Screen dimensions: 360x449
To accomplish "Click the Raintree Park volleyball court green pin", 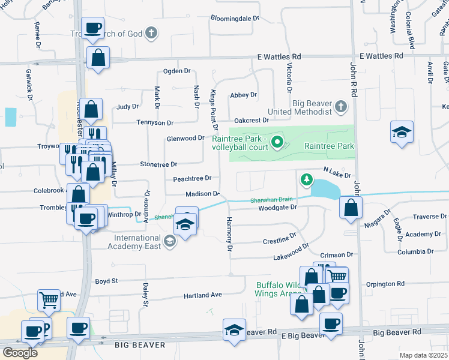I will (x=277, y=142).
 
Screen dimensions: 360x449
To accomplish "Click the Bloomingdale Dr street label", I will (x=234, y=18).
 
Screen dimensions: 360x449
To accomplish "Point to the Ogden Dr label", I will (x=176, y=71).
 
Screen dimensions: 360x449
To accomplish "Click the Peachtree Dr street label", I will (x=192, y=178).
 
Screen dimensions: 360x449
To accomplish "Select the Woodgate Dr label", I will (x=277, y=208).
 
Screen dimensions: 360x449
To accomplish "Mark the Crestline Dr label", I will (x=280, y=241).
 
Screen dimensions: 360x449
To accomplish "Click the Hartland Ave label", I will (x=203, y=295).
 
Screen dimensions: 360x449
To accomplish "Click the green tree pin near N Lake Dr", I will (x=307, y=179).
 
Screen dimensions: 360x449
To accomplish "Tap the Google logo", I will (x=20, y=352).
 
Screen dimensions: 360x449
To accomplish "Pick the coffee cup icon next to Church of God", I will (x=93, y=28).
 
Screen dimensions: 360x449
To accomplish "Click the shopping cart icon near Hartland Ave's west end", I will (x=49, y=299).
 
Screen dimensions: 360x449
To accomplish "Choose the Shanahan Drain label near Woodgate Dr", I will (x=271, y=199).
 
